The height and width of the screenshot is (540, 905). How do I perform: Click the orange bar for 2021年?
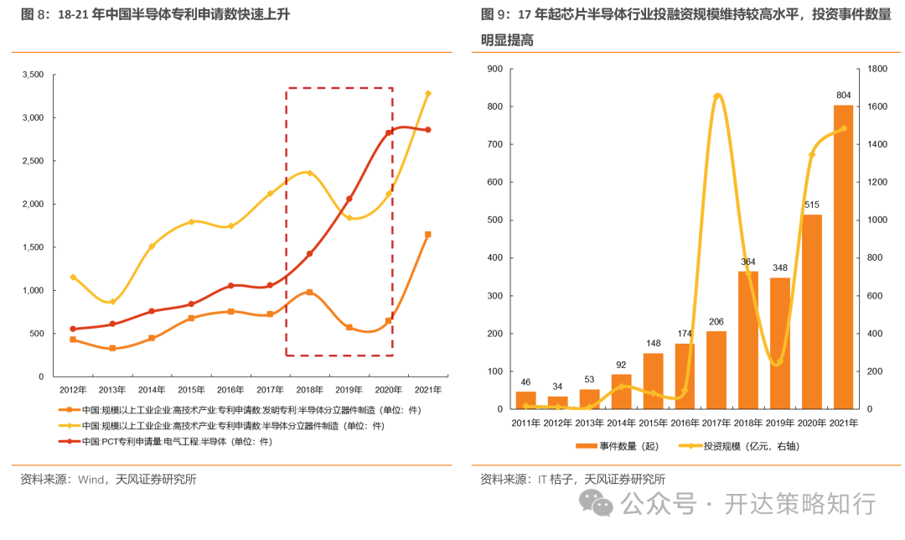pos(843,257)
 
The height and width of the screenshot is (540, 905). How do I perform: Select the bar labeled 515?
pos(812,311)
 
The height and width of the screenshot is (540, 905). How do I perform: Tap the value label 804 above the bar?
pos(843,95)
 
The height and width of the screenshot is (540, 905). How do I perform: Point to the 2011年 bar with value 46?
pos(525,400)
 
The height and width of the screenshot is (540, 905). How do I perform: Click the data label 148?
pos(653,343)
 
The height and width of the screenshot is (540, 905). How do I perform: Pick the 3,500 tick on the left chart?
pos(31,75)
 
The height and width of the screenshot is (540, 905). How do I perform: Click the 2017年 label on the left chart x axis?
pos(270,390)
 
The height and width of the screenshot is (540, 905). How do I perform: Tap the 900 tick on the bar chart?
pos(494,69)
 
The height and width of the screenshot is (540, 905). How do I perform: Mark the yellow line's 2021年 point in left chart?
pos(428,93)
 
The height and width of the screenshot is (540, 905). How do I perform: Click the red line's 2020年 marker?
pos(389,132)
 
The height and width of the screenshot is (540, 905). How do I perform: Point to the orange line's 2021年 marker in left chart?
pos(428,235)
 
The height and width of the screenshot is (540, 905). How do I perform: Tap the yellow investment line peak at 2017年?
pos(717,96)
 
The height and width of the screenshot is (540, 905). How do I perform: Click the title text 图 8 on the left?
pos(37,15)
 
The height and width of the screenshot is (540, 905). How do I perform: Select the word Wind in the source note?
pos(92,480)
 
